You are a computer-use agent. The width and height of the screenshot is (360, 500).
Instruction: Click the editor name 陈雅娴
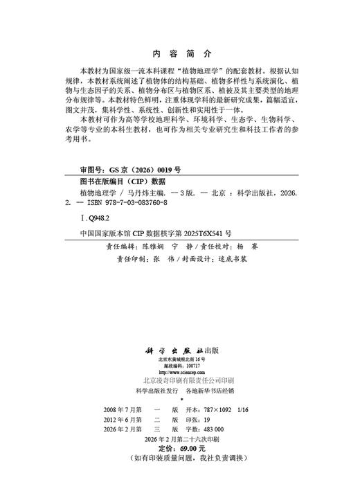[x=152, y=246]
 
